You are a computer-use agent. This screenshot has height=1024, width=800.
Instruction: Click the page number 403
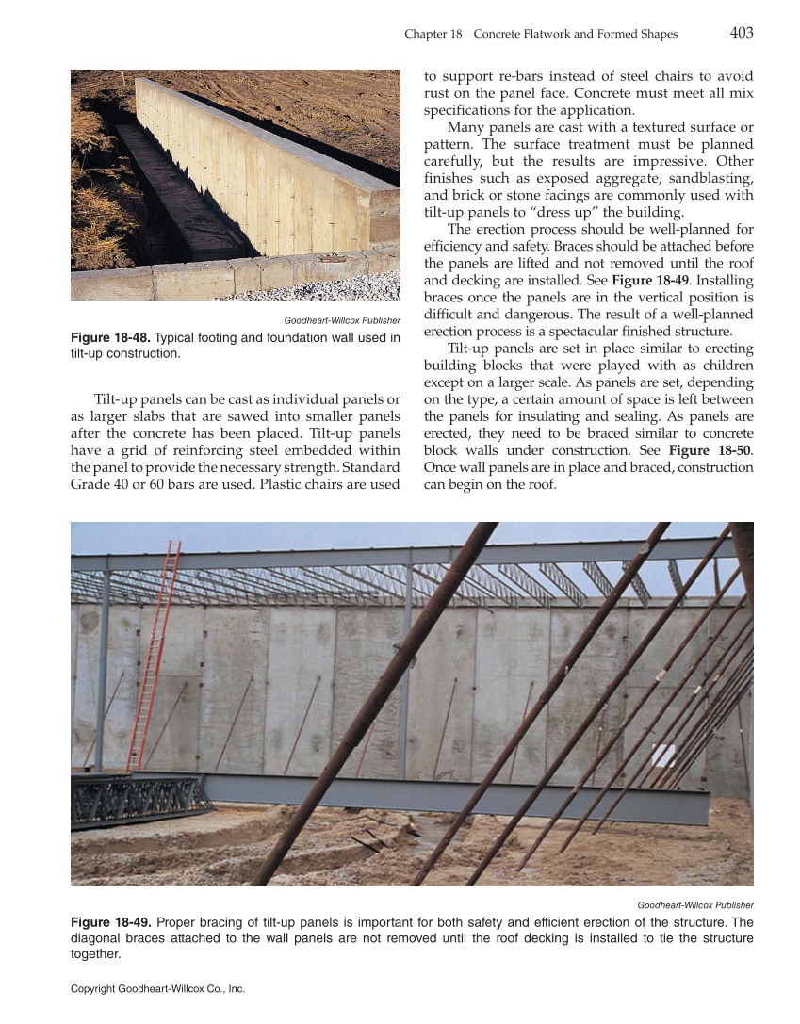[x=741, y=33]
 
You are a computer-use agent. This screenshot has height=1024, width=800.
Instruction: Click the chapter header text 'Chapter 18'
[x=433, y=34]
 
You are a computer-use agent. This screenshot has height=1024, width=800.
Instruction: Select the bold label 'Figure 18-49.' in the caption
[x=110, y=922]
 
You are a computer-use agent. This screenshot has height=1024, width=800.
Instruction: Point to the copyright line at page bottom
[x=157, y=989]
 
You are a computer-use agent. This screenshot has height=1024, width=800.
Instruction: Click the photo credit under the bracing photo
[x=695, y=905]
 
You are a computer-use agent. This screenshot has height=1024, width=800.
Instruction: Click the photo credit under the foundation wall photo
[x=342, y=321]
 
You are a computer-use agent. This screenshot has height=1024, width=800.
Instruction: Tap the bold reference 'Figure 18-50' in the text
[x=710, y=450]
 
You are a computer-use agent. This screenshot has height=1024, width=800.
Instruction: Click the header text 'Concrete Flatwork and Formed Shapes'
[x=575, y=34]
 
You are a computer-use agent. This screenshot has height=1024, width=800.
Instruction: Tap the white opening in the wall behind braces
[x=663, y=754]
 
